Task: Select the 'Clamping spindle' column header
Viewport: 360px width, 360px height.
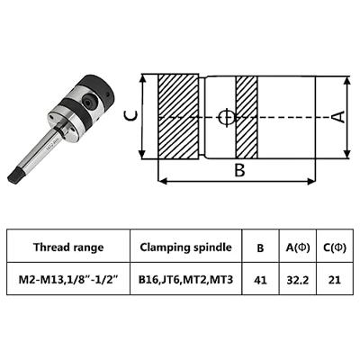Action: (185, 247)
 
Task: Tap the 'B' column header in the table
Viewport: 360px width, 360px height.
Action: (261, 247)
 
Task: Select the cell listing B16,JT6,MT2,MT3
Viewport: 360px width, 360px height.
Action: (185, 280)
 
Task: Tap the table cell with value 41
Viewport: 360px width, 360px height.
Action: (261, 280)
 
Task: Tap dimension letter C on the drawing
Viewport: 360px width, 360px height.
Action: (131, 115)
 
